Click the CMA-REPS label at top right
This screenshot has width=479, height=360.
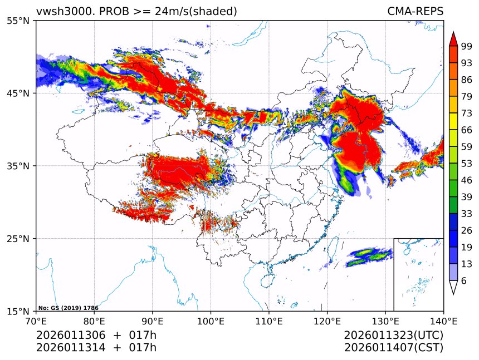(415, 11)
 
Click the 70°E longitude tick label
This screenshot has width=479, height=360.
(36, 321)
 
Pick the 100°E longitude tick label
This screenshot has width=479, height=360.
(211, 321)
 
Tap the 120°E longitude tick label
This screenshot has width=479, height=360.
(327, 321)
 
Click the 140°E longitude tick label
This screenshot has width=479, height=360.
(443, 321)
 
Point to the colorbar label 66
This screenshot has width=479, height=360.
(467, 130)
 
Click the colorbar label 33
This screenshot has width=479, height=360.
(467, 214)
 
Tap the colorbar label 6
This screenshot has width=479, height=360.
(465, 281)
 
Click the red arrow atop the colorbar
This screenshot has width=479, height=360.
(453, 39)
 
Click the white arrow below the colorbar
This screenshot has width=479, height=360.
(453, 287)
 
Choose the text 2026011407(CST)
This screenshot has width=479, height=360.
(393, 348)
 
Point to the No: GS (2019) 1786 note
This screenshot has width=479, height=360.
(69, 308)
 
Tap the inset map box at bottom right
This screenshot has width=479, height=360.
(418, 274)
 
